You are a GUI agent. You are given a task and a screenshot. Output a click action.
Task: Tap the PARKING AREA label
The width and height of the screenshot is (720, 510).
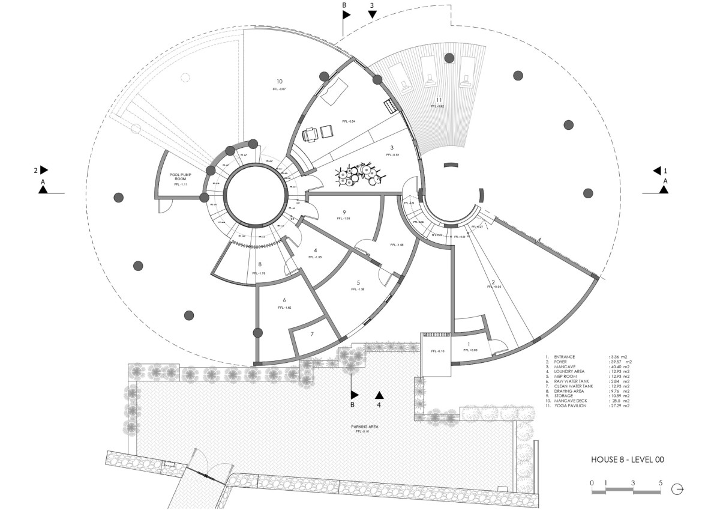[x=364, y=427]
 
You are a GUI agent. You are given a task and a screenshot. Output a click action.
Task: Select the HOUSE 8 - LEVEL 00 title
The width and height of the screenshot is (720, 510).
[x=627, y=460]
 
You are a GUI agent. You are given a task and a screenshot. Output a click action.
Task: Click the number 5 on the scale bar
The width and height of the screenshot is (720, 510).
[x=661, y=482]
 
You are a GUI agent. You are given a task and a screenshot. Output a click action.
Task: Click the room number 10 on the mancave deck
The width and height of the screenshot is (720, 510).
[x=279, y=82]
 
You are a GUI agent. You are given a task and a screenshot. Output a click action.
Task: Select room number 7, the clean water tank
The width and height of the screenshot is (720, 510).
[x=312, y=333]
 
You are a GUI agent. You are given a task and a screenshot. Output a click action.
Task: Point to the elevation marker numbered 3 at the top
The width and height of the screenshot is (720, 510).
[x=372, y=6]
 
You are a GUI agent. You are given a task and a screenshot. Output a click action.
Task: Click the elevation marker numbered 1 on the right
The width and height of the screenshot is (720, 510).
[x=664, y=171]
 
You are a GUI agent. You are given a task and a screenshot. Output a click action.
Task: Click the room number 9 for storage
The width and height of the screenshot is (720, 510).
[x=344, y=212]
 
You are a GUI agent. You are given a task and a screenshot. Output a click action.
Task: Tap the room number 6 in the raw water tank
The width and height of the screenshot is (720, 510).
[x=284, y=300]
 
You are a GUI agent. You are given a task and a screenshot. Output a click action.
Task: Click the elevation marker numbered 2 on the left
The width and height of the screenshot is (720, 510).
[x=36, y=171]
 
